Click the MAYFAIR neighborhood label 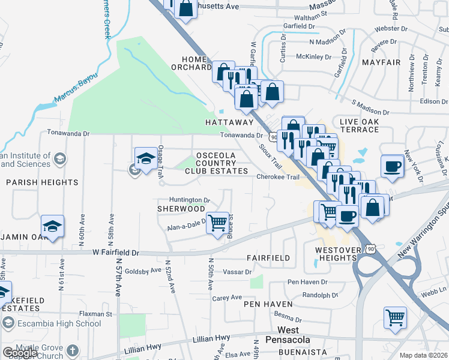pyautogui.click(x=381, y=62)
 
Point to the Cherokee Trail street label pyautogui.click(x=277, y=177)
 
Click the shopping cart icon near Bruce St pyautogui.click(x=218, y=223)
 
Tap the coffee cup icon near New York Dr pyautogui.click(x=393, y=166)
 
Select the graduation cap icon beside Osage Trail pyautogui.click(x=146, y=159)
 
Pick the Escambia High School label pyautogui.click(x=59, y=323)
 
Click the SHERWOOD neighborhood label pyautogui.click(x=181, y=209)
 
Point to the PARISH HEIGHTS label pyautogui.click(x=42, y=182)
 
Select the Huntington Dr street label pyautogui.click(x=190, y=200)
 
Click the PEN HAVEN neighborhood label pyautogui.click(x=268, y=304)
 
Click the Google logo pyautogui.click(x=20, y=353)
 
